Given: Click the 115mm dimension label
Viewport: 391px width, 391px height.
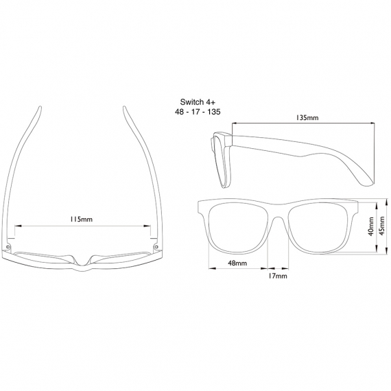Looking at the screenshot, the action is tap(82, 220).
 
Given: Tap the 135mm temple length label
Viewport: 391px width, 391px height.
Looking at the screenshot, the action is tap(307, 117).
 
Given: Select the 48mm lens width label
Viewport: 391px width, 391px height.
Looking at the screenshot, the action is tap(237, 263).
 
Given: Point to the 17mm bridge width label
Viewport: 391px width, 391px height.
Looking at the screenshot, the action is tap(278, 276).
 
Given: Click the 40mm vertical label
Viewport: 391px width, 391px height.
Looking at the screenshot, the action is tap(371, 226).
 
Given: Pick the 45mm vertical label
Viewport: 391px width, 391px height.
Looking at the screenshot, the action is tap(382, 226).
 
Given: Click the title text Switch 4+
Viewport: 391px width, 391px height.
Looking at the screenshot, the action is tap(198, 102).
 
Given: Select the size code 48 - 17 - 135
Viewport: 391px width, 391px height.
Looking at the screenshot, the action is tap(198, 112).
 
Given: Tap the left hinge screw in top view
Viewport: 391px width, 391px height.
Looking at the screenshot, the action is tap(8, 247).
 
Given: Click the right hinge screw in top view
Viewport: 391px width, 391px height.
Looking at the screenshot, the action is tap(156, 247).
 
